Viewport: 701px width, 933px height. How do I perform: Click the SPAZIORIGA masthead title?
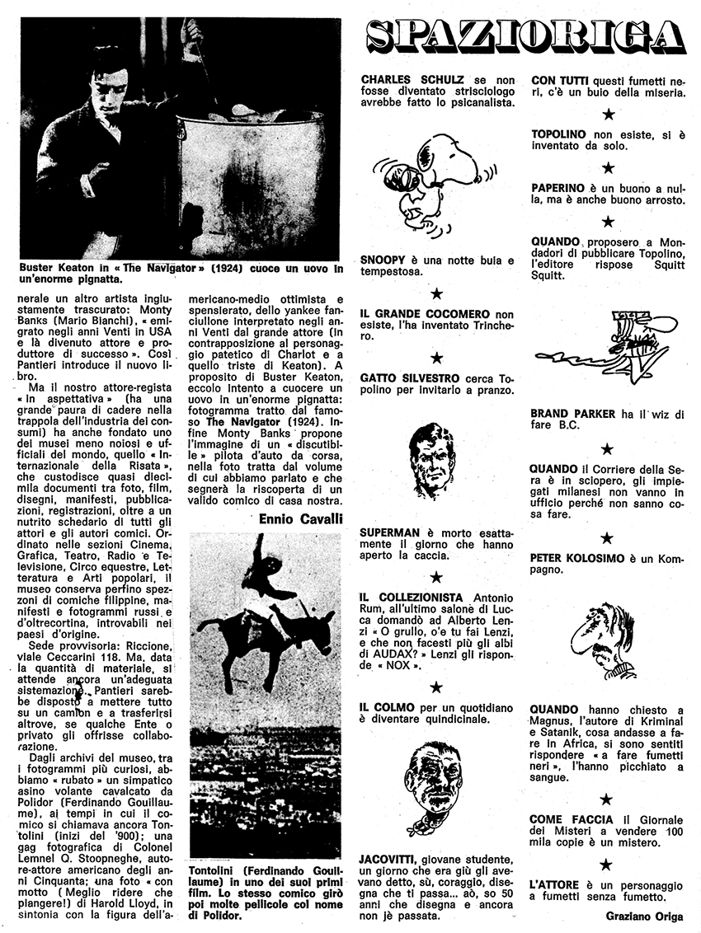[525, 36]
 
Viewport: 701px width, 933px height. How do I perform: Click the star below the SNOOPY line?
[437, 293]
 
